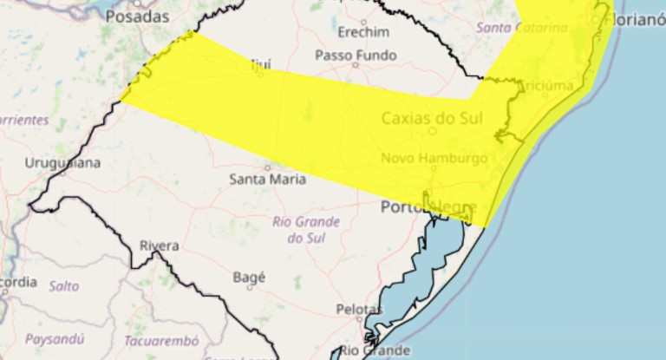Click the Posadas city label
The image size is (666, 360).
(x=137, y=16)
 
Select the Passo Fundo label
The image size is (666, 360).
(x=356, y=56)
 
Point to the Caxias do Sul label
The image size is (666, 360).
(x=431, y=117)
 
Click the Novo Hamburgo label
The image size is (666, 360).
(x=434, y=158)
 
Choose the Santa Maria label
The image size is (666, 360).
(x=267, y=180)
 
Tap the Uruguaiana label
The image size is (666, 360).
(x=62, y=162)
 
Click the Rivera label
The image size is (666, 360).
(x=160, y=245)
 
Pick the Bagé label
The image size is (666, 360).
(x=249, y=278)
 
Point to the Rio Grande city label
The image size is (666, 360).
(x=375, y=350)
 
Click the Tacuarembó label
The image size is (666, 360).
(x=161, y=340)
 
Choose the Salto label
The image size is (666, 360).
(x=63, y=285)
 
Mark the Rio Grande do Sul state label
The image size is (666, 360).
(x=306, y=229)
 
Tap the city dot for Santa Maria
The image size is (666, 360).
(x=267, y=167)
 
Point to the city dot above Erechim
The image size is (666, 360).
(x=362, y=20)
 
